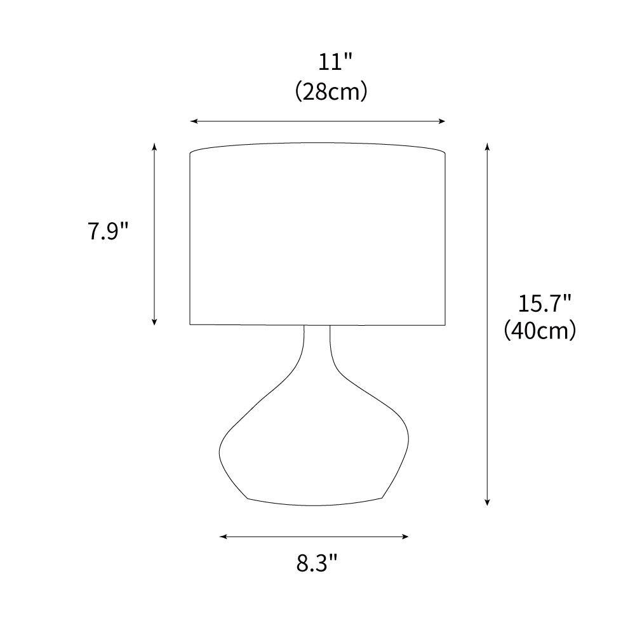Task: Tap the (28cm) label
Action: point(331,92)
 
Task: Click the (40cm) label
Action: point(540,331)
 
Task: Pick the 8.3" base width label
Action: point(316,563)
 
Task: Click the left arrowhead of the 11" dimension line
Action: point(193,121)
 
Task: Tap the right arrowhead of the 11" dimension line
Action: point(443,121)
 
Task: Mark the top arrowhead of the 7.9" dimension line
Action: point(154,146)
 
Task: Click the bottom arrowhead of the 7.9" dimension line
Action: point(154,322)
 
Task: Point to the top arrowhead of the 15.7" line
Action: point(487,146)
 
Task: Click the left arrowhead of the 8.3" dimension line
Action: point(222,537)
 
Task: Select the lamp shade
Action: point(317,235)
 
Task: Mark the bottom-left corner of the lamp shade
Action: point(191,324)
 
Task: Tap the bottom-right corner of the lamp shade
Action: point(444,324)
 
